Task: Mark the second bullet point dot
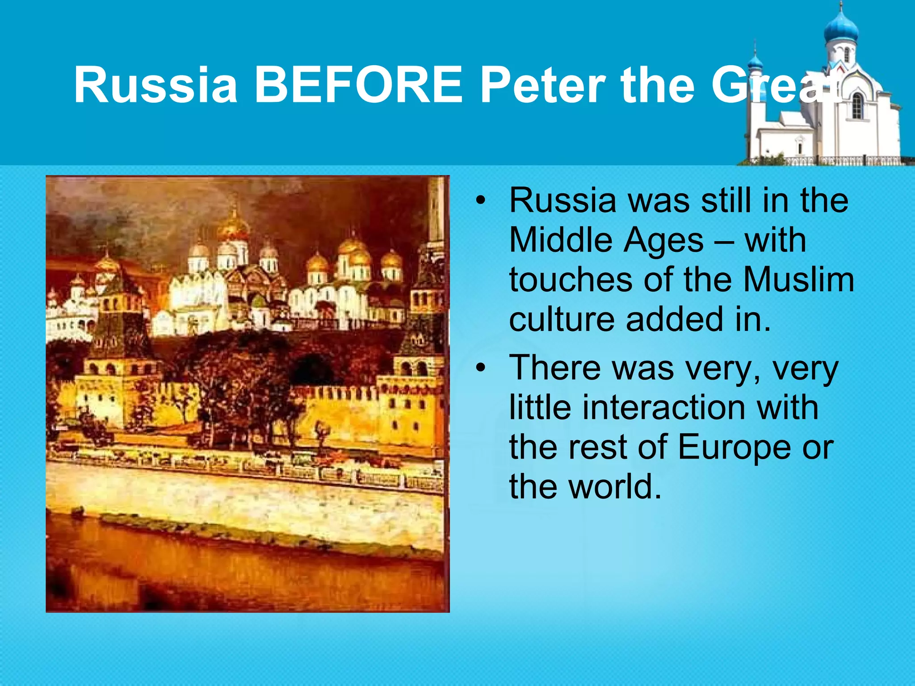click(x=480, y=368)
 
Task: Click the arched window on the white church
click(x=857, y=106)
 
